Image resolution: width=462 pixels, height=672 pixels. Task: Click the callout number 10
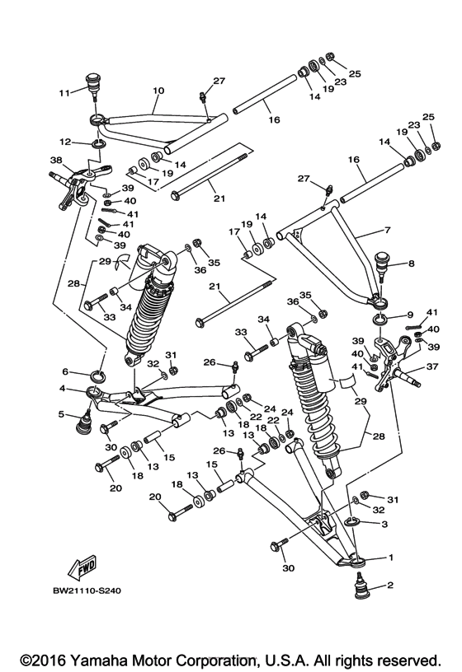tap(158, 91)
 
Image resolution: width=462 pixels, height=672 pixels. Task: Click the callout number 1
tap(391, 558)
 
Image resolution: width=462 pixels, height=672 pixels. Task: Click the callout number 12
tap(64, 142)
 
